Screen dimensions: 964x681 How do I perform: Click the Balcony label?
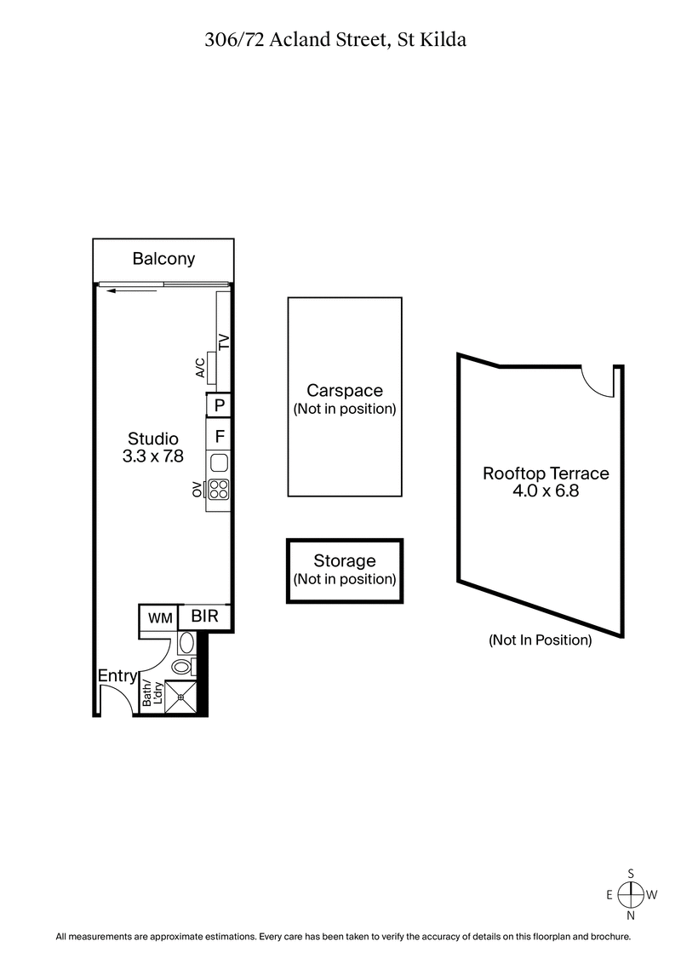(x=163, y=259)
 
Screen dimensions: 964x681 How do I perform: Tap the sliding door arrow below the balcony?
(x=132, y=291)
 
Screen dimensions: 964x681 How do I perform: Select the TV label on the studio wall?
(x=225, y=342)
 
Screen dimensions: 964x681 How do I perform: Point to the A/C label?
(x=200, y=367)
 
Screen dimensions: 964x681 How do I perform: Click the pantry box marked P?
(x=219, y=405)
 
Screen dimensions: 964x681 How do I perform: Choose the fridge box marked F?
(x=219, y=437)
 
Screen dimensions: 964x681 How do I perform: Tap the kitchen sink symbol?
(x=219, y=463)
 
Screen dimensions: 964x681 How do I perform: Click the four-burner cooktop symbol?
(x=219, y=490)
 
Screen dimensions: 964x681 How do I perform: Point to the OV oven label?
(x=197, y=490)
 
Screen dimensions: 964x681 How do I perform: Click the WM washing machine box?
(x=159, y=617)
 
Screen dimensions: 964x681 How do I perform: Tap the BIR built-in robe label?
(x=204, y=616)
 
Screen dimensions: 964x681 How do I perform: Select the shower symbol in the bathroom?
(x=180, y=697)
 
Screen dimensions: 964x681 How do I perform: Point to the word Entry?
(x=117, y=676)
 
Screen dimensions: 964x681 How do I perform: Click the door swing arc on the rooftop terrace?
(x=596, y=382)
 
